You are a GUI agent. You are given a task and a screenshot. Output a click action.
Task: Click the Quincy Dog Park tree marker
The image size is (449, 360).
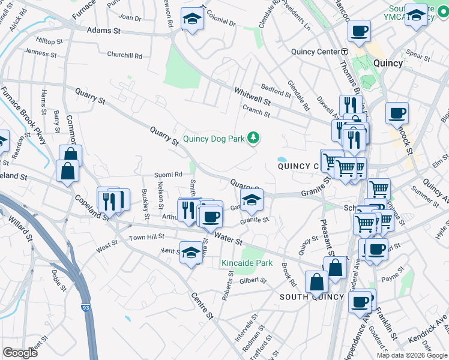tap(254, 139)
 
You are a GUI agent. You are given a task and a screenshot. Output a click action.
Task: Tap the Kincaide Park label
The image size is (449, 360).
tap(247, 263)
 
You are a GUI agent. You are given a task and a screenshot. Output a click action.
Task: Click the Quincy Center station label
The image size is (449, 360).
tap(316, 52)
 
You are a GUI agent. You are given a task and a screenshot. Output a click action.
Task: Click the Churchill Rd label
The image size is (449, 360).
tap(125, 55)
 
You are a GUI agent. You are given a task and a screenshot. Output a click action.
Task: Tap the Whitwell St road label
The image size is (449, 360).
tap(252, 95)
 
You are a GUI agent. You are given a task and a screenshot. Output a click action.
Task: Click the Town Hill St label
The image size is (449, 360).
tap(146, 238)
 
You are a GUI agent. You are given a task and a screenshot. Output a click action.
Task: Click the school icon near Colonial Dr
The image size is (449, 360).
tap(193, 19)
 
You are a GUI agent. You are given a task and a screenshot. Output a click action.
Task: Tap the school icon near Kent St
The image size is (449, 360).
tap(191, 254)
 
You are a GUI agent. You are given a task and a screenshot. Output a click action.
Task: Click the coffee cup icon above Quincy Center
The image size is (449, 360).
tap(360, 31)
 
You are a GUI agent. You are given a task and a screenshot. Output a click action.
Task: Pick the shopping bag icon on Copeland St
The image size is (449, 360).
tap(67, 170)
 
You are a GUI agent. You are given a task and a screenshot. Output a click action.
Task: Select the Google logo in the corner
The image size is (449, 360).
tap(20, 353)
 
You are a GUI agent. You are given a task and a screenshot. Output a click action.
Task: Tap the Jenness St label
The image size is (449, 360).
tap(41, 53)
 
